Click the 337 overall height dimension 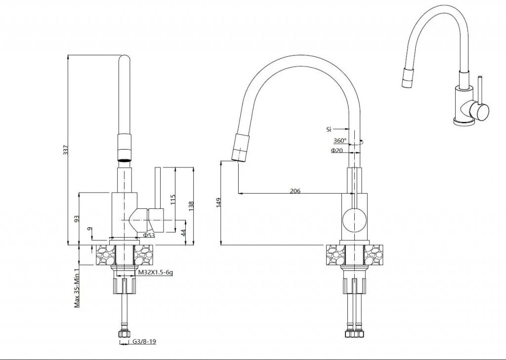(x=66, y=150)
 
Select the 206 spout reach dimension (x=295, y=191)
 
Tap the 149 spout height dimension (x=218, y=202)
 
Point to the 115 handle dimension (x=172, y=200)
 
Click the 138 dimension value (x=191, y=206)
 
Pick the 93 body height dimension (x=77, y=219)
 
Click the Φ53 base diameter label (x=149, y=235)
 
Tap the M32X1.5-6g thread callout (x=156, y=273)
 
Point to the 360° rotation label (x=340, y=141)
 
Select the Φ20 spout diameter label (x=337, y=150)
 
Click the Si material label (x=329, y=130)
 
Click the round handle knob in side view (x=354, y=220)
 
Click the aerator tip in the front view (x=124, y=159)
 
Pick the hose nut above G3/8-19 (x=124, y=333)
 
